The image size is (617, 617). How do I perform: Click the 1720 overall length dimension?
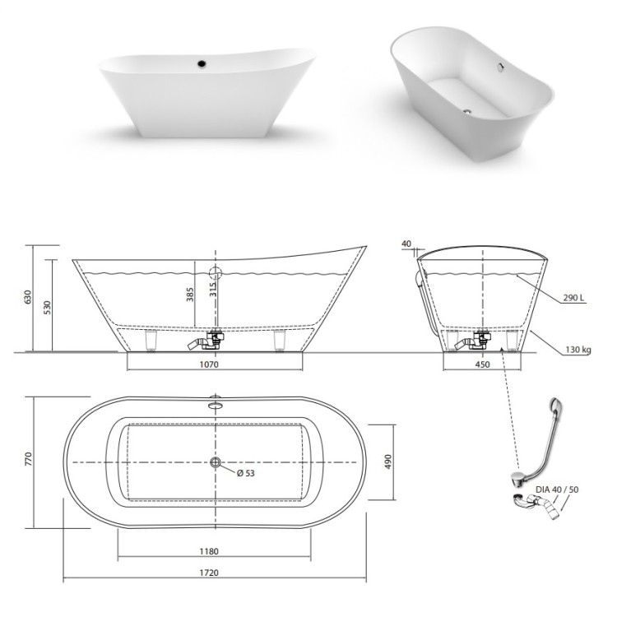(x=209, y=573)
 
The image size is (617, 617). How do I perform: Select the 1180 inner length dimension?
(x=209, y=551)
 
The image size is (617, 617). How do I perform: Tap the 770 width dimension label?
(x=28, y=459)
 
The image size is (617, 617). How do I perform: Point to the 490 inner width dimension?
(x=388, y=462)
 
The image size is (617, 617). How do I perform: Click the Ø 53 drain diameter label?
(x=246, y=473)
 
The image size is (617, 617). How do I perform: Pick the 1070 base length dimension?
(x=209, y=364)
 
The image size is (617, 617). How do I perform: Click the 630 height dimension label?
(x=27, y=297)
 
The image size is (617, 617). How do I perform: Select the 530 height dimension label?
(x=47, y=308)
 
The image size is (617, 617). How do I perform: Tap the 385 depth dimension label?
(x=190, y=295)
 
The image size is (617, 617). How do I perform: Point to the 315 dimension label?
(x=213, y=290)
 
